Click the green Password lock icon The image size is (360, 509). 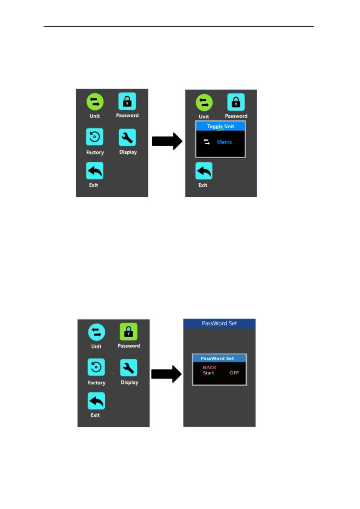pyautogui.click(x=129, y=332)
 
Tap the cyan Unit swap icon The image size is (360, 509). pyautogui.click(x=97, y=332)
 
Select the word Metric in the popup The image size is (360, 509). pyautogui.click(x=224, y=142)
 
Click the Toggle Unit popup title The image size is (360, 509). pyautogui.click(x=221, y=126)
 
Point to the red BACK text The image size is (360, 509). pyautogui.click(x=210, y=367)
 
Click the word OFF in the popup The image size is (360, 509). pyautogui.click(x=234, y=373)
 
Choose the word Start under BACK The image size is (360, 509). pyautogui.click(x=208, y=373)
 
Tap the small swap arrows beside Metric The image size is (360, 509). pyautogui.click(x=207, y=142)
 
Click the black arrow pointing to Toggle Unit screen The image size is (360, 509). pyautogui.click(x=167, y=141)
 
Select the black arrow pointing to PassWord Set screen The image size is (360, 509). pyautogui.click(x=166, y=374)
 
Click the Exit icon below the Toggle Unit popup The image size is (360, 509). pyautogui.click(x=204, y=171)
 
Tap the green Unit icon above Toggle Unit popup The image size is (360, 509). pyautogui.click(x=204, y=103)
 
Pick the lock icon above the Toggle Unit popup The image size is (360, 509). pyautogui.click(x=236, y=102)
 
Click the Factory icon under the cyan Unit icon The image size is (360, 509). pyautogui.click(x=96, y=367)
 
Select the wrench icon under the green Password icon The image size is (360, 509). pyautogui.click(x=129, y=368)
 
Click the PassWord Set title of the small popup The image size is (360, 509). pyautogui.click(x=217, y=358)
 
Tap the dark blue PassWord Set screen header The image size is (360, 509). pyautogui.click(x=219, y=323)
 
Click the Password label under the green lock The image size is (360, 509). pyautogui.click(x=129, y=346)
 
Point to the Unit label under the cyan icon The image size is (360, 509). pyautogui.click(x=96, y=346)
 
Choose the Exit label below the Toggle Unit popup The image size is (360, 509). pyautogui.click(x=203, y=185)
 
